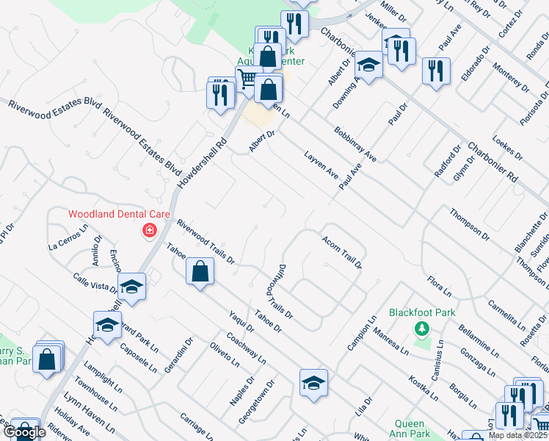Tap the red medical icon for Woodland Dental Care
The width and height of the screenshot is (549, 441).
(x=150, y=231)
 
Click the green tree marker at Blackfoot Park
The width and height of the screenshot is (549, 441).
(x=421, y=327)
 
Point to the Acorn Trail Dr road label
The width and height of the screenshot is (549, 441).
(x=341, y=252)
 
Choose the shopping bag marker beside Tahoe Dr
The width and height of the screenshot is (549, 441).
(x=200, y=271)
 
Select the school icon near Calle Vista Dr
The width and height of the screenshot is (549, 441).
(x=131, y=287)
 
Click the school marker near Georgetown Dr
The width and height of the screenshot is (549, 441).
(x=313, y=383)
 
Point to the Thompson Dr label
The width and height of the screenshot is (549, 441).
(x=470, y=223)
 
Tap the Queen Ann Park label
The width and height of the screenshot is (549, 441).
(x=410, y=429)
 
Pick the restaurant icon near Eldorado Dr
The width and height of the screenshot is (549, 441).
(x=436, y=71)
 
